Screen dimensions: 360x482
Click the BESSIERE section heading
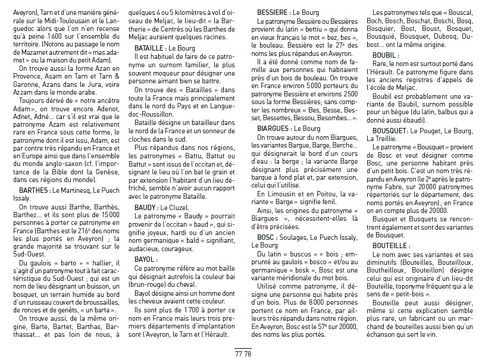(x=273, y=12)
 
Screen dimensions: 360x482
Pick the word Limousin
(x=282, y=194)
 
